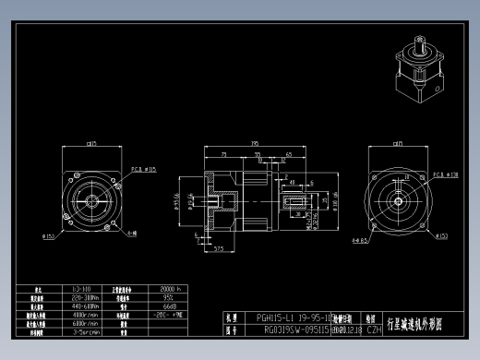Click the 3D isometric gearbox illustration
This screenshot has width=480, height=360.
pyautogui.click(x=421, y=69)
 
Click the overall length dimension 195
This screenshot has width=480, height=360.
pyautogui.click(x=253, y=143)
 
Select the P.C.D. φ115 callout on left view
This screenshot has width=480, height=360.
pyautogui.click(x=144, y=170)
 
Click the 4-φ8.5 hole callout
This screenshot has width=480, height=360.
pyautogui.click(x=360, y=240)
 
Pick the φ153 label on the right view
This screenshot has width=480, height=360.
pyautogui.click(x=442, y=236)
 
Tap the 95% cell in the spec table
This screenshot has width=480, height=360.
pyautogui.click(x=170, y=298)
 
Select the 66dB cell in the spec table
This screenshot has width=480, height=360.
pyautogui.click(x=170, y=306)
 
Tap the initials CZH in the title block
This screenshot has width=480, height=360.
pyautogui.click(x=374, y=328)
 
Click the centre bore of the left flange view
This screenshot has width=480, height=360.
pyautogui.click(x=92, y=198)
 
